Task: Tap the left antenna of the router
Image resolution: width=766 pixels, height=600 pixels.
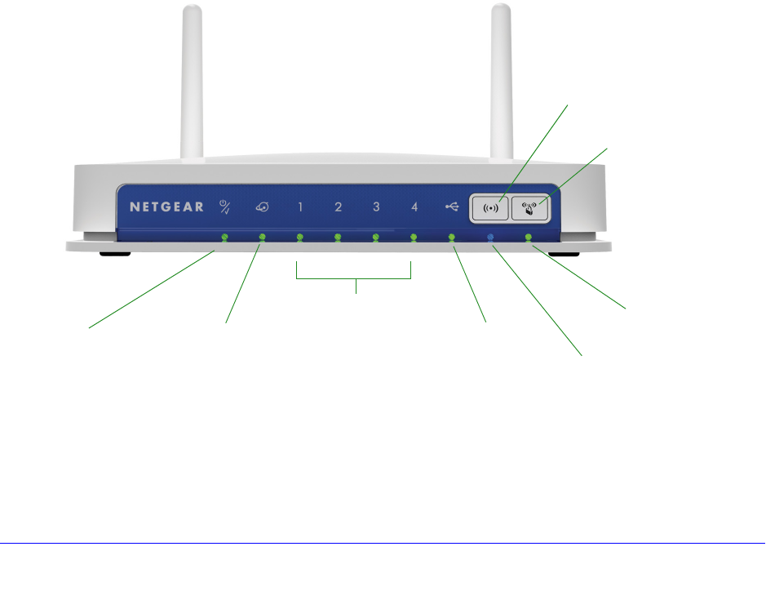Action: pos(191,82)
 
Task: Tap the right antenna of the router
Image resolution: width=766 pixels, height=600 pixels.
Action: pos(501,82)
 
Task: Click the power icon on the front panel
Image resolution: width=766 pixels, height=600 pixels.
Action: pos(224,207)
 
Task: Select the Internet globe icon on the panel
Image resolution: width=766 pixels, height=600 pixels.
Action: pos(262,207)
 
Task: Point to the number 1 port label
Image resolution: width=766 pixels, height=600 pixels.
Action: pos(300,207)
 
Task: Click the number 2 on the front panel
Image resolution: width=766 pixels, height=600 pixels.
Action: pos(338,207)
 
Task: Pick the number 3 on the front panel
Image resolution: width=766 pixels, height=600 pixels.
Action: pos(376,207)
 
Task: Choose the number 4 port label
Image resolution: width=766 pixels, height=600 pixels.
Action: pos(414,207)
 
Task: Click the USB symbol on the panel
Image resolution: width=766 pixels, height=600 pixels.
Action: pos(452,207)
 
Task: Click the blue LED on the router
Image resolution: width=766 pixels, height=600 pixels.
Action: pos(490,238)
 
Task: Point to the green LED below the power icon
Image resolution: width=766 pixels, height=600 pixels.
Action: pos(224,238)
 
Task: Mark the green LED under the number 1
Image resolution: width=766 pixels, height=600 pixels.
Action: pos(300,238)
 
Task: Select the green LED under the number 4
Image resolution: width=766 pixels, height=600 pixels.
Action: pos(414,238)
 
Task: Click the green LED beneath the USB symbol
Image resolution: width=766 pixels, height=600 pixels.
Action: pos(452,238)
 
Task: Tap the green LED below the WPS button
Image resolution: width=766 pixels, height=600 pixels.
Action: pos(529,238)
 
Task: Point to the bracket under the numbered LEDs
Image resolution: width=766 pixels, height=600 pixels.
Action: pos(354,279)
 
